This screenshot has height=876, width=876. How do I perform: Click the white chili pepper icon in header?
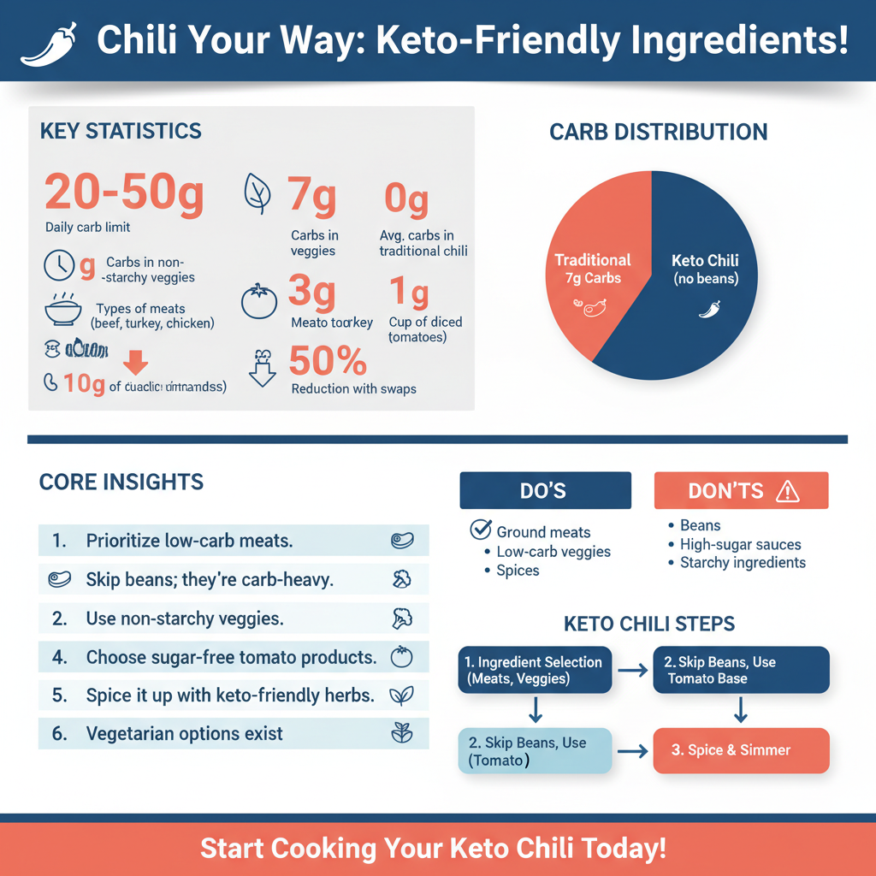48,43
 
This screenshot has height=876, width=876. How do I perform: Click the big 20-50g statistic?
124,192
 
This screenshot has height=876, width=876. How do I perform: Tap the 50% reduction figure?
328,362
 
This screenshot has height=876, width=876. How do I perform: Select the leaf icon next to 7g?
257,193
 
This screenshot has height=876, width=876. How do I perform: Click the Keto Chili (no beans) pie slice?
706,274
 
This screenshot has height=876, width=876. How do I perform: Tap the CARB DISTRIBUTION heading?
658,133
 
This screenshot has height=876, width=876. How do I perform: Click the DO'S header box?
545,490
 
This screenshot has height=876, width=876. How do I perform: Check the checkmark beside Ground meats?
481,530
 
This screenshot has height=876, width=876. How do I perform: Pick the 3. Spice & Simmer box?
741,750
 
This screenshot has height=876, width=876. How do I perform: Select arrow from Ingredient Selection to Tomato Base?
633,670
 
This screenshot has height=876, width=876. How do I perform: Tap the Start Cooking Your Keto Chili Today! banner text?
433,849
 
